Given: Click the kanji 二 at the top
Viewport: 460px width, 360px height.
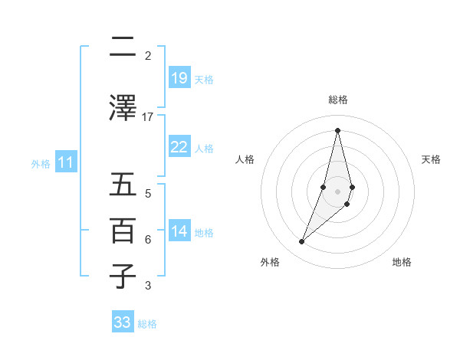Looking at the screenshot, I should pyautogui.click(x=123, y=47).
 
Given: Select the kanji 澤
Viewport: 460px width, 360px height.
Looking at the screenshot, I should pyautogui.click(x=123, y=107).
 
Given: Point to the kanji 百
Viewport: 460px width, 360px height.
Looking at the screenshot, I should pyautogui.click(x=123, y=231).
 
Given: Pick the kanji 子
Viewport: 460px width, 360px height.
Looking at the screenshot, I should pyautogui.click(x=123, y=277).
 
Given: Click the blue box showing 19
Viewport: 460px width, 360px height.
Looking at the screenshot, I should pyautogui.click(x=179, y=78).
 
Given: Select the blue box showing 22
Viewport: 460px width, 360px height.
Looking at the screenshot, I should pyautogui.click(x=179, y=147).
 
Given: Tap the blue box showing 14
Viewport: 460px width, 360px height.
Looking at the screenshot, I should pyautogui.click(x=179, y=232).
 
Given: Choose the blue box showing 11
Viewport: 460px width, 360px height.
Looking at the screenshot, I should pyautogui.click(x=66, y=162).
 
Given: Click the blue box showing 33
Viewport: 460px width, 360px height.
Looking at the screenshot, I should pyautogui.click(x=123, y=322).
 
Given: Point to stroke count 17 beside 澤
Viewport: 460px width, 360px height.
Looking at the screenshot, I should pyautogui.click(x=148, y=116).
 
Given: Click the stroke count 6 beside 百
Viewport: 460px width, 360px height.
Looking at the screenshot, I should pyautogui.click(x=148, y=239).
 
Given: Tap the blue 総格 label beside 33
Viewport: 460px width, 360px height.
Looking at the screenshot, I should pyautogui.click(x=147, y=324).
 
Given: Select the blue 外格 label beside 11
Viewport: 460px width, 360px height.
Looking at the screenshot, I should pyautogui.click(x=41, y=163).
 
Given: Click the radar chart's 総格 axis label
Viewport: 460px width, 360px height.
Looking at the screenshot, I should pyautogui.click(x=337, y=100).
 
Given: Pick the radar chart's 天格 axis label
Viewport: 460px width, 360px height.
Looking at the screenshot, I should pyautogui.click(x=432, y=159).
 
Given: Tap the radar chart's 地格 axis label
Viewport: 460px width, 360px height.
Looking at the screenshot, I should pyautogui.click(x=402, y=262).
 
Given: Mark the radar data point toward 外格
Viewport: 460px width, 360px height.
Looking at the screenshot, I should pyautogui.click(x=301, y=242).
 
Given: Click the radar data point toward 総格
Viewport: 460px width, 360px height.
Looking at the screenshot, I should pyautogui.click(x=337, y=129).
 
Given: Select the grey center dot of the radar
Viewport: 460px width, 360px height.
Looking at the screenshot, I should pyautogui.click(x=337, y=191).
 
